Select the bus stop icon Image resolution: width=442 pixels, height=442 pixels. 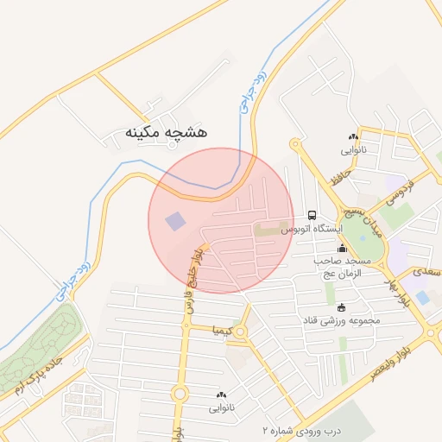click(x=312, y=215)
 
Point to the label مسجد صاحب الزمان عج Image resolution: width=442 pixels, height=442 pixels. click(x=344, y=266)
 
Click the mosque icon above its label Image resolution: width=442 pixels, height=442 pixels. click(x=342, y=249)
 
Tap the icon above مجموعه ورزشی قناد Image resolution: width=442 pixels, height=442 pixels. click(x=341, y=307)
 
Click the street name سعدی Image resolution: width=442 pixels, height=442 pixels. click(x=426, y=271)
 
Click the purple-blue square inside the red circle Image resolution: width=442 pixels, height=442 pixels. click(x=175, y=221)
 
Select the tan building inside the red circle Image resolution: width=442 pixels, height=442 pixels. click(x=268, y=231)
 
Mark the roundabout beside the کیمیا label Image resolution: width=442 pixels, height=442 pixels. click(x=241, y=331)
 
